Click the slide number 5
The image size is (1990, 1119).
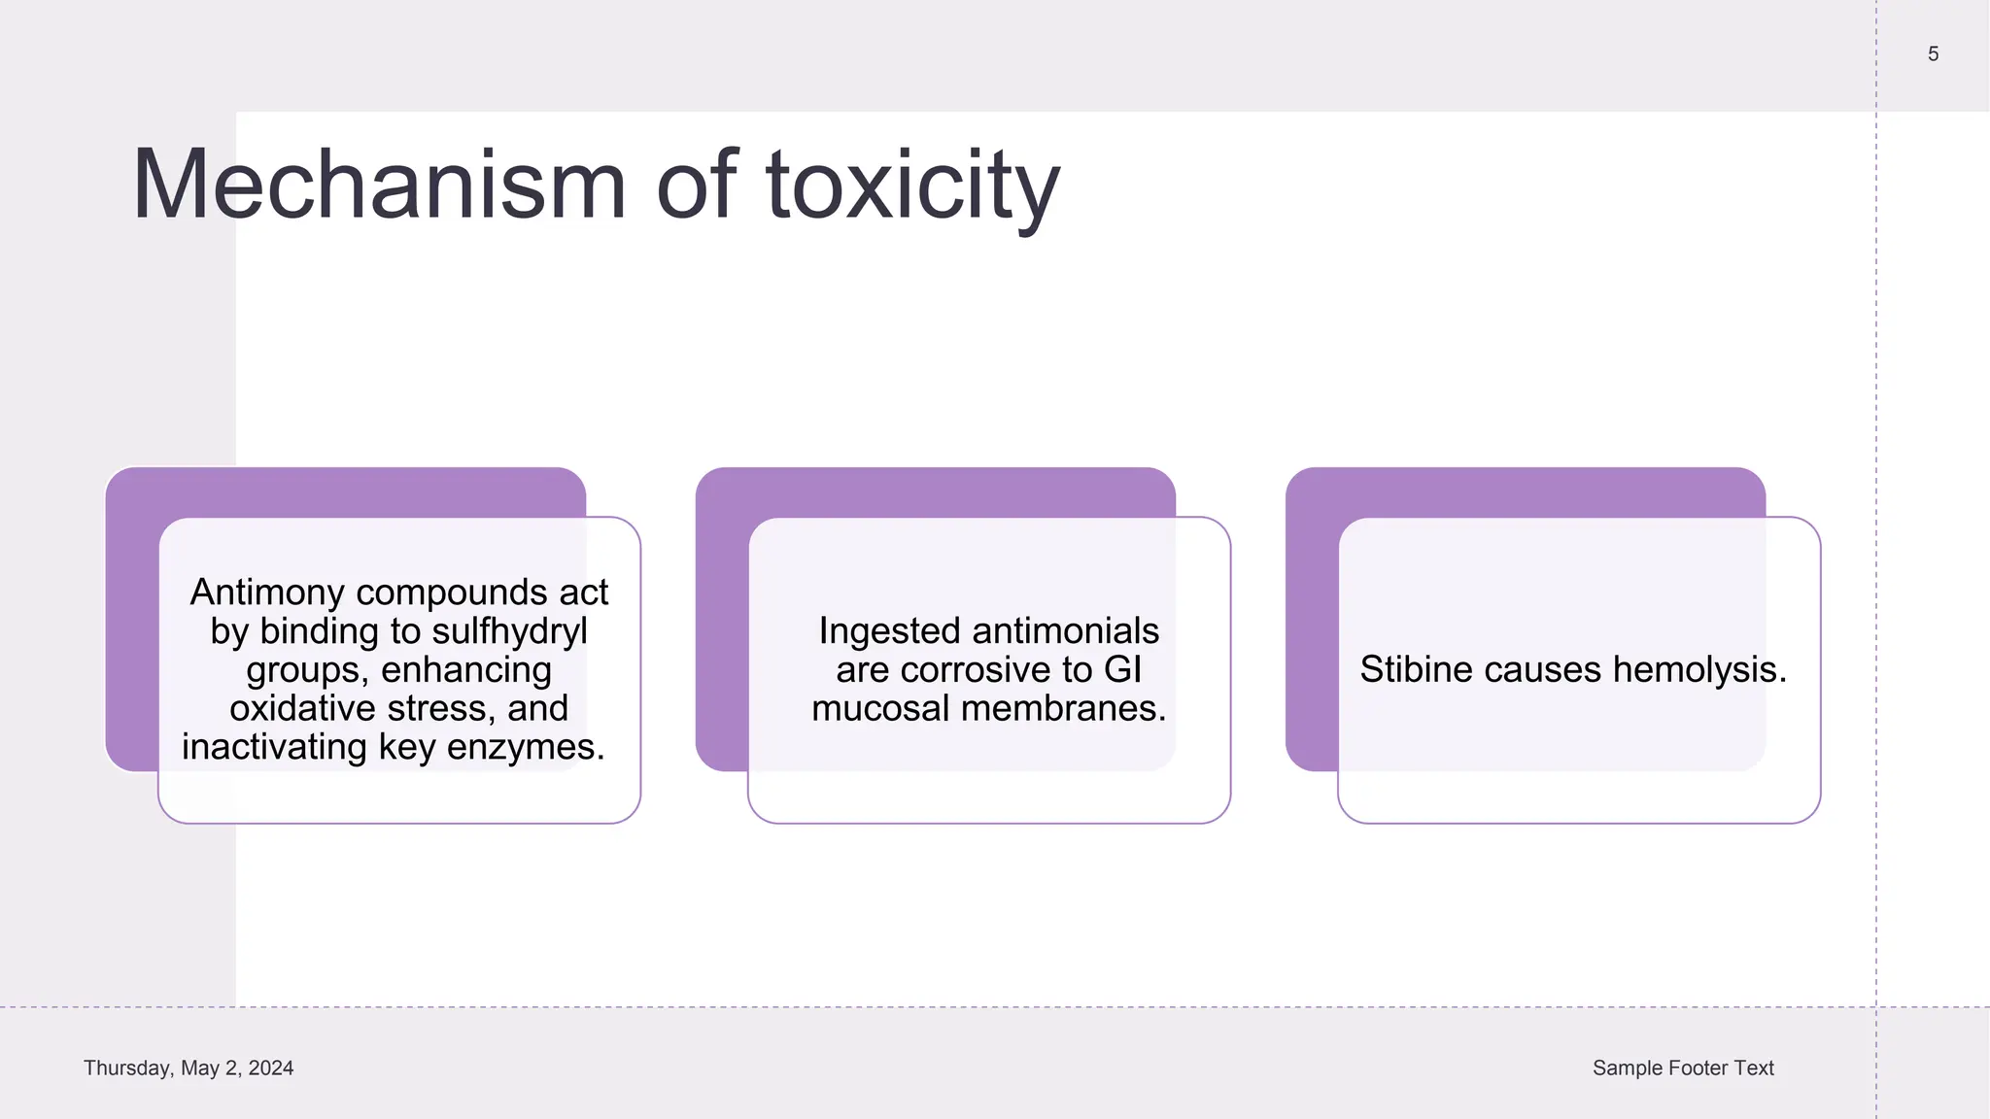(x=1933, y=54)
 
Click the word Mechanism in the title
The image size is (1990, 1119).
(x=379, y=185)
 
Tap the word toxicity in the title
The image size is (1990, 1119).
(x=912, y=185)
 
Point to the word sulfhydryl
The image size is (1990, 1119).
(x=509, y=631)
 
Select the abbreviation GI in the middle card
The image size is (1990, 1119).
(x=1122, y=670)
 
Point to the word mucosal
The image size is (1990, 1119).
(x=880, y=708)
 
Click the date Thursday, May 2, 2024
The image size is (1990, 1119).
(x=189, y=1068)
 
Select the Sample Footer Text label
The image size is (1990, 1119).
(x=1683, y=1068)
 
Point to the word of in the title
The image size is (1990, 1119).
(x=697, y=185)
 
